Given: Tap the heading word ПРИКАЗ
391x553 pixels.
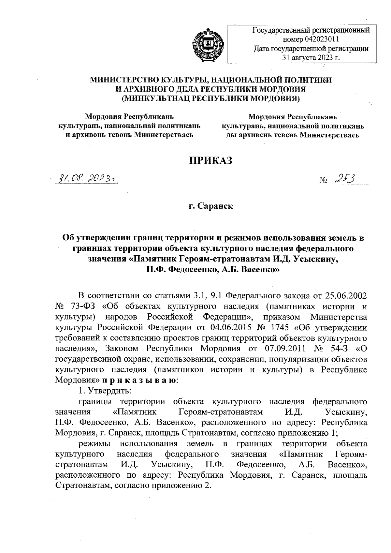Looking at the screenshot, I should (211, 160).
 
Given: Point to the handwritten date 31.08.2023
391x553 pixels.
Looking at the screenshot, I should (87, 179).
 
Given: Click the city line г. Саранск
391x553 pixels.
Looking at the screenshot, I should (211, 206).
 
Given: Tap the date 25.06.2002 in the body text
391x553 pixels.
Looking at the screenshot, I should (346, 296).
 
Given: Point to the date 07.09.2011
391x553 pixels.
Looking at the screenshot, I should (285, 349).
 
